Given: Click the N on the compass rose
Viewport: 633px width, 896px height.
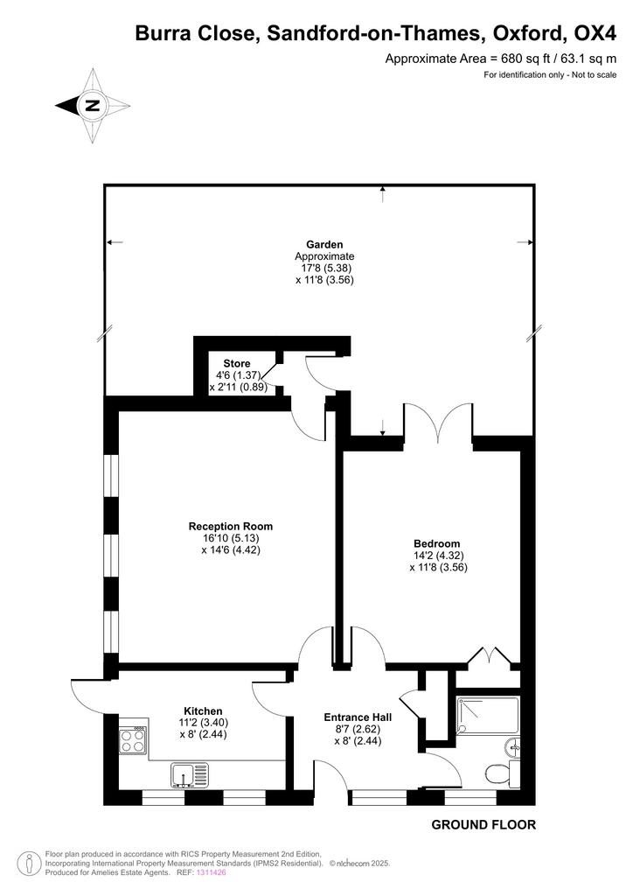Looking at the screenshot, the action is point(93,105).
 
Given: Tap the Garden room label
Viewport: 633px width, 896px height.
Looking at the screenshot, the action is point(324,245).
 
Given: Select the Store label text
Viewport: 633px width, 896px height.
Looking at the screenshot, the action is point(237,363).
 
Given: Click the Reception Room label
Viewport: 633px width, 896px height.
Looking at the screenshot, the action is point(231,526).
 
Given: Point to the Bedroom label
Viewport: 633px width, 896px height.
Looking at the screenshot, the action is point(436,543).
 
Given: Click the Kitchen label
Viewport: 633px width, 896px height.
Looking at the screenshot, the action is point(203,710).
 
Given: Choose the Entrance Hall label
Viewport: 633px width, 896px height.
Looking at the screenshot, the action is point(358,717).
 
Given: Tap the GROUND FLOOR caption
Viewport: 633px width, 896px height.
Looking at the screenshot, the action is point(483,824).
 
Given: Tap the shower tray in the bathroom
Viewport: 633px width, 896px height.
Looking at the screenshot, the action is point(488,714).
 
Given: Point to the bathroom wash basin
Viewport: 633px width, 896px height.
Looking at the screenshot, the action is point(512,746).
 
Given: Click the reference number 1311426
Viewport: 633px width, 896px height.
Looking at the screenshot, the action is point(212,872).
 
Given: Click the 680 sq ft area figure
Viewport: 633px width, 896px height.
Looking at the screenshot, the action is point(519,59).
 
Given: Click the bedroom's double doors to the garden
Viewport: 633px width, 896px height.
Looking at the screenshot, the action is point(438,422).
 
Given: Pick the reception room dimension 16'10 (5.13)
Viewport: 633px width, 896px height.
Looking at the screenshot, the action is point(231,538).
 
